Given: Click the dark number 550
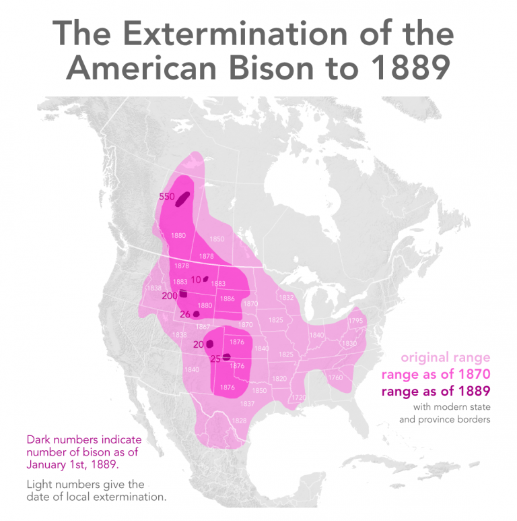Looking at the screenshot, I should (x=166, y=197).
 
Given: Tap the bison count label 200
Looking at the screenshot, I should (x=170, y=295).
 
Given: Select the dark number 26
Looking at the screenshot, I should (x=184, y=313).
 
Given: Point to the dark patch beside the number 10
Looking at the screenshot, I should (x=206, y=278).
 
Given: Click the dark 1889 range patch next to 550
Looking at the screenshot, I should (x=182, y=197).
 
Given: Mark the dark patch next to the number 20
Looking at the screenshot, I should (x=209, y=344).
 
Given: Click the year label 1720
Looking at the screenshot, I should (x=298, y=398).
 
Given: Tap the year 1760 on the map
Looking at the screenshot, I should (x=335, y=377).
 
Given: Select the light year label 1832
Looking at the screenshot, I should (x=286, y=297).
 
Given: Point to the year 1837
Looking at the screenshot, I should (x=247, y=404).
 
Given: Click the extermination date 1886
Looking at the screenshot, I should (x=227, y=299).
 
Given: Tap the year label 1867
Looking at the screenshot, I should (x=203, y=326).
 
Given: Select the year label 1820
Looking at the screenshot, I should (x=279, y=379).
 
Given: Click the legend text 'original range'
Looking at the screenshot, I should (x=446, y=357).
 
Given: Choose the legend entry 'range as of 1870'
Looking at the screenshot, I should (x=436, y=375).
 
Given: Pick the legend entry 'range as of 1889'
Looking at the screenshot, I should (x=436, y=392).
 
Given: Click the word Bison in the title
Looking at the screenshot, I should (x=261, y=68).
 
